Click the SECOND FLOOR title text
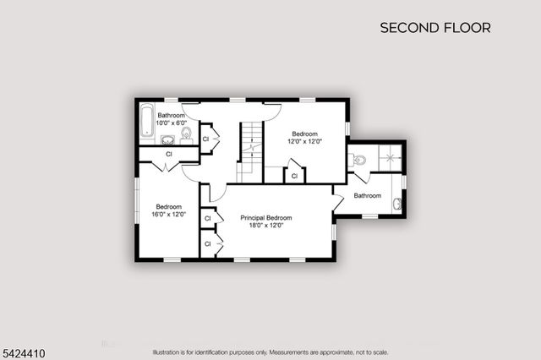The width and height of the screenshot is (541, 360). pyautogui.click(x=434, y=28)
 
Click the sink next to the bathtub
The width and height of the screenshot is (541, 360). pyautogui.click(x=167, y=139)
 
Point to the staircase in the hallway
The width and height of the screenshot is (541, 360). pyautogui.click(x=248, y=150)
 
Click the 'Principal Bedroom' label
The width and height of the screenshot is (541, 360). pyautogui.click(x=266, y=217)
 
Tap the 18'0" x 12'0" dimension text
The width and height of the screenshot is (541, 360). pyautogui.click(x=266, y=226)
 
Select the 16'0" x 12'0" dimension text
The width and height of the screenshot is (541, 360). pyautogui.click(x=168, y=215)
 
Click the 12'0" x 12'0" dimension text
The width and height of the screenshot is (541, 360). pyautogui.click(x=304, y=142)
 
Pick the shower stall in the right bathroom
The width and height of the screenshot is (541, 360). pyautogui.click(x=390, y=157)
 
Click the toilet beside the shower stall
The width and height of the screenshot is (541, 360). pyautogui.click(x=358, y=159)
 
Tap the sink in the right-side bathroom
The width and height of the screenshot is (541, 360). pyautogui.click(x=399, y=201)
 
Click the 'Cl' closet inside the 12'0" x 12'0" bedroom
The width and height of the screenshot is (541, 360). pyautogui.click(x=293, y=176)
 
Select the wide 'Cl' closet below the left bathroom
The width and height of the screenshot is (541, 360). pyautogui.click(x=168, y=154)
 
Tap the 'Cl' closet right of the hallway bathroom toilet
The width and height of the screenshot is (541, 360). pyautogui.click(x=205, y=138)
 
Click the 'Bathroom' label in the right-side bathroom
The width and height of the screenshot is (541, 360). pyautogui.click(x=368, y=196)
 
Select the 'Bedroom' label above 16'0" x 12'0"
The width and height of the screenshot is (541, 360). pyautogui.click(x=168, y=206)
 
